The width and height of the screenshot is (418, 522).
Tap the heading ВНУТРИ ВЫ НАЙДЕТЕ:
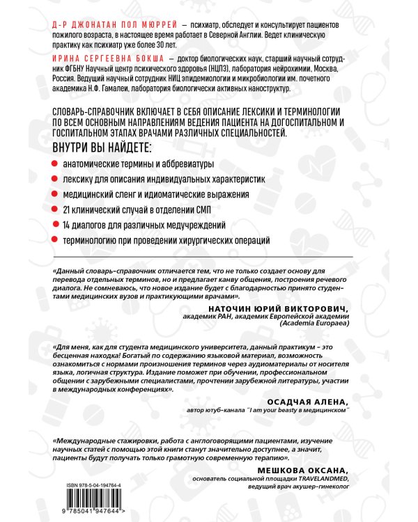point(100,148)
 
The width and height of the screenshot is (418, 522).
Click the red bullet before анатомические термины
point(56,164)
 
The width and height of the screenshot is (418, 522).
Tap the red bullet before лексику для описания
point(56,180)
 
